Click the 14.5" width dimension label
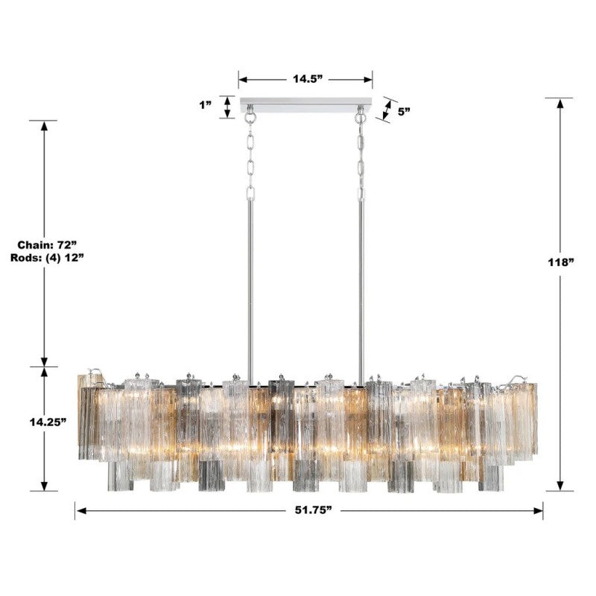tap(305, 79)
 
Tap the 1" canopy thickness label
tap(206, 106)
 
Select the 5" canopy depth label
tap(404, 112)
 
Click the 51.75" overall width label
tap(308, 510)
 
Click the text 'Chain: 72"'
tap(44, 244)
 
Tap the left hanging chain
tap(250, 156)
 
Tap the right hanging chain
tap(361, 156)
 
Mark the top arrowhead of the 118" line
tap(559, 104)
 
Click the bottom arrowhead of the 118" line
tap(559, 486)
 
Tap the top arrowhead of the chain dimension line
tap(44, 126)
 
